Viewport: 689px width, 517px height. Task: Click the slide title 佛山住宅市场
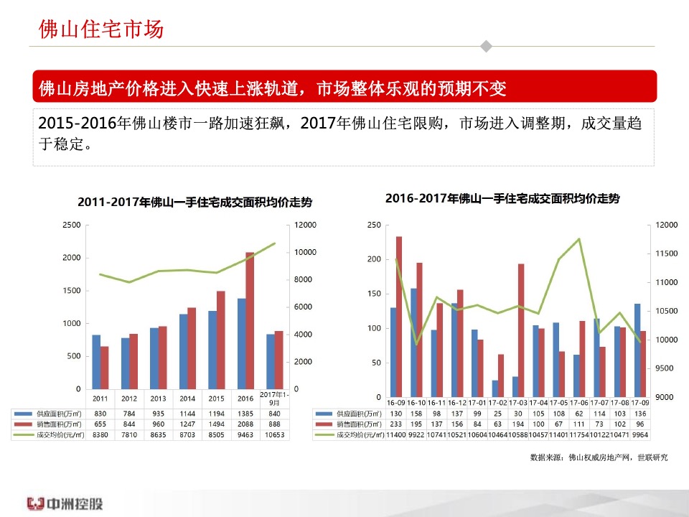click(x=101, y=30)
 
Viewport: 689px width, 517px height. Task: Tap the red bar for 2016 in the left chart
click(x=250, y=320)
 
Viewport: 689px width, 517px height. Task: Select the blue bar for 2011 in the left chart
click(x=96, y=361)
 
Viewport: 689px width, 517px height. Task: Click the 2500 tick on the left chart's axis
click(x=72, y=225)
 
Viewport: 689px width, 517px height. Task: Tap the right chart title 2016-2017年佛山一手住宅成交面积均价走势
click(x=502, y=197)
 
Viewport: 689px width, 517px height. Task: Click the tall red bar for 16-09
click(x=399, y=317)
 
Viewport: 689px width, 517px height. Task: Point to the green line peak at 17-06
click(x=578, y=239)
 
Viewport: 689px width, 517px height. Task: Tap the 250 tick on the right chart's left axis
click(x=373, y=225)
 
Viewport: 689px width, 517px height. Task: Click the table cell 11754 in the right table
click(x=578, y=435)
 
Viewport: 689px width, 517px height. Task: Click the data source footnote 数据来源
click(x=599, y=457)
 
